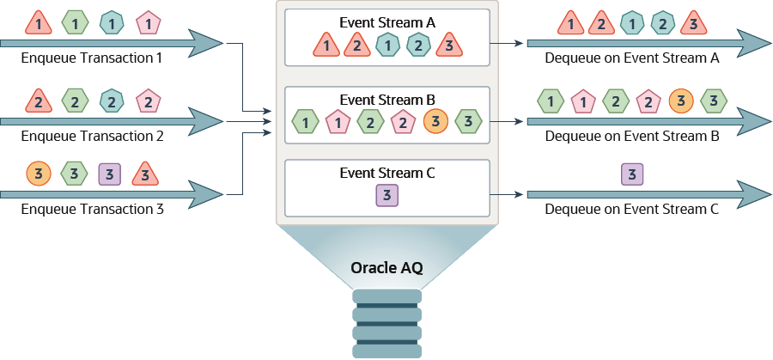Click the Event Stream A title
pyautogui.click(x=387, y=22)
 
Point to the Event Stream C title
pyautogui.click(x=387, y=173)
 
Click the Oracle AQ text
pyautogui.click(x=386, y=267)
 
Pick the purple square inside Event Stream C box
pyautogui.click(x=387, y=196)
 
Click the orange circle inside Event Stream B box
pyautogui.click(x=435, y=121)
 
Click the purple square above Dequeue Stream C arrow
pyautogui.click(x=632, y=175)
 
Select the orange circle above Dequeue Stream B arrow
pyautogui.click(x=681, y=101)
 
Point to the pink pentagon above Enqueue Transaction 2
pyautogui.click(x=149, y=101)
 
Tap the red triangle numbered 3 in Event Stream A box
pyautogui.click(x=448, y=45)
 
